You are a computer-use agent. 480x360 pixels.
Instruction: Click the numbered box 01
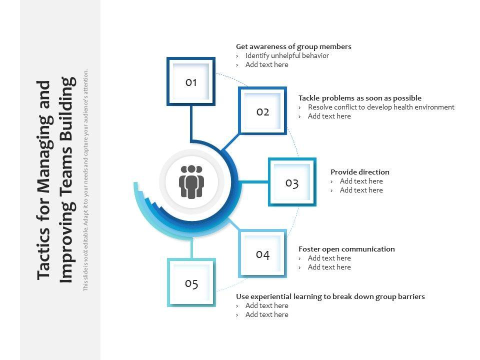[191, 81]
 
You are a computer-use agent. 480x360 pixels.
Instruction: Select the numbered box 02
[262, 111]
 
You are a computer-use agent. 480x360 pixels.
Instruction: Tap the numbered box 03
[292, 182]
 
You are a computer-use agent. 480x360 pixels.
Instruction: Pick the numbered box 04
[262, 254]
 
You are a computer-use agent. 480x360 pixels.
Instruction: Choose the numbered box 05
[191, 283]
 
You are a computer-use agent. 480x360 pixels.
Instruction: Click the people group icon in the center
[191, 182]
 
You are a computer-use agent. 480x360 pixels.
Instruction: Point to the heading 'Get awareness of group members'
[293, 46]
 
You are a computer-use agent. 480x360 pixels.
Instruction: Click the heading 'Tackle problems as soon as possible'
[359, 98]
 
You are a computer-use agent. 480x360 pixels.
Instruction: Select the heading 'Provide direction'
[359, 172]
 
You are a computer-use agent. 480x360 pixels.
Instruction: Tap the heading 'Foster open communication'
[346, 249]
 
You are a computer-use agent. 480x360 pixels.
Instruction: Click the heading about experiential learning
[330, 296]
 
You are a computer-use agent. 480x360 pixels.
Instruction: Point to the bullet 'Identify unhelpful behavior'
[286, 55]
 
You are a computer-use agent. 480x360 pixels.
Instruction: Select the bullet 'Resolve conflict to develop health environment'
[381, 107]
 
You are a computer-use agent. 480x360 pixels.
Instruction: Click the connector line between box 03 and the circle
[254, 182]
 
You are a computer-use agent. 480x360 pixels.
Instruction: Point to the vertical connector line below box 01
[191, 122]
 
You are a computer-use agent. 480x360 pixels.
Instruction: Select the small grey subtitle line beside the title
[85, 180]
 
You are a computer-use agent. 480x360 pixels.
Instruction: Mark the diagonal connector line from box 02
[230, 142]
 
